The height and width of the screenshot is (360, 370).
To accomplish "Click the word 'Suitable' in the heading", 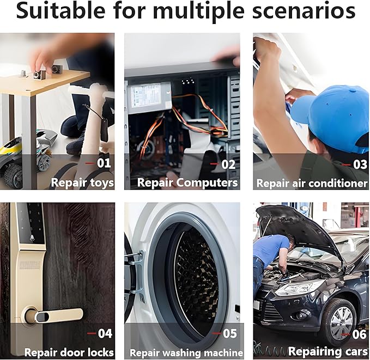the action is click(61, 11).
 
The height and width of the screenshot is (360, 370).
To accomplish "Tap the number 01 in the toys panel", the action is click(104, 163).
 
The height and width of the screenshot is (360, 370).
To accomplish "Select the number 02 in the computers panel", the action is click(228, 164).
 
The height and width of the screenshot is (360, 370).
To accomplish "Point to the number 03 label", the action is click(360, 164).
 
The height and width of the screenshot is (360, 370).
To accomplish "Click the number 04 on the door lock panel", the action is click(105, 333).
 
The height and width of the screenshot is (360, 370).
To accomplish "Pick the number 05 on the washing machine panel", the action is click(229, 333).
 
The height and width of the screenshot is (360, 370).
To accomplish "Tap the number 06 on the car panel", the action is click(359, 334).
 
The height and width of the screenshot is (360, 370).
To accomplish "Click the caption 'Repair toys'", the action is click(82, 182).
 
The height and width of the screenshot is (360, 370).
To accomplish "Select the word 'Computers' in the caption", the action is click(207, 182).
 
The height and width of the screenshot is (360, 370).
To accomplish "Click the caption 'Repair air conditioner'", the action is click(312, 184).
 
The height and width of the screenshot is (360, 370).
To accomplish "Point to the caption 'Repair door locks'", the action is click(69, 352).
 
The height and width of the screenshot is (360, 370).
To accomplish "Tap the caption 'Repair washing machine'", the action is click(186, 353).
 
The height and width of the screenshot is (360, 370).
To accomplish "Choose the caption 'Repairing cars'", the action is click(328, 351).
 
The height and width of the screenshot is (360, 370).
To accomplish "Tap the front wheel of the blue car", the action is click(339, 319).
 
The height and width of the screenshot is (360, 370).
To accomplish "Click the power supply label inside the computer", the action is click(146, 95).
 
